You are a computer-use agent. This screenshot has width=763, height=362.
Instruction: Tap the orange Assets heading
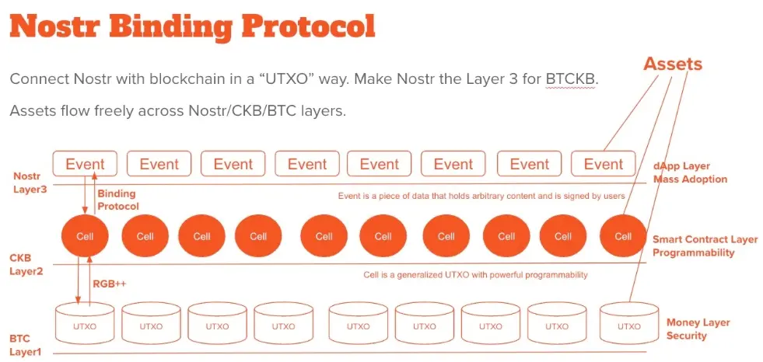673,64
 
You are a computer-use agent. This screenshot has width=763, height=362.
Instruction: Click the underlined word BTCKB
570,79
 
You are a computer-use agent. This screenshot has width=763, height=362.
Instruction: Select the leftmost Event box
85,163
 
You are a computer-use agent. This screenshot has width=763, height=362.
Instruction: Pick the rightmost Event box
604,163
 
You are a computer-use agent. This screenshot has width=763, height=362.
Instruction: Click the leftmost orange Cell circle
85,237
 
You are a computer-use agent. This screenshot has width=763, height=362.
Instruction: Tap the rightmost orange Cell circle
623,237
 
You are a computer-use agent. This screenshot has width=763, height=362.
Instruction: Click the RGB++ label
110,284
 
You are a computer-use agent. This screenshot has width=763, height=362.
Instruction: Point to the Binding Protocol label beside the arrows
118,200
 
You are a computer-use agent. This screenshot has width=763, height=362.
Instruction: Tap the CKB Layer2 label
26,264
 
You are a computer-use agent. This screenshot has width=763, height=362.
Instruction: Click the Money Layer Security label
698,329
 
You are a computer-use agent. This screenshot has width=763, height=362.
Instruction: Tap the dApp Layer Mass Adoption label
690,172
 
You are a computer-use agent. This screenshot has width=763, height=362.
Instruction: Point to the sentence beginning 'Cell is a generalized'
475,275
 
